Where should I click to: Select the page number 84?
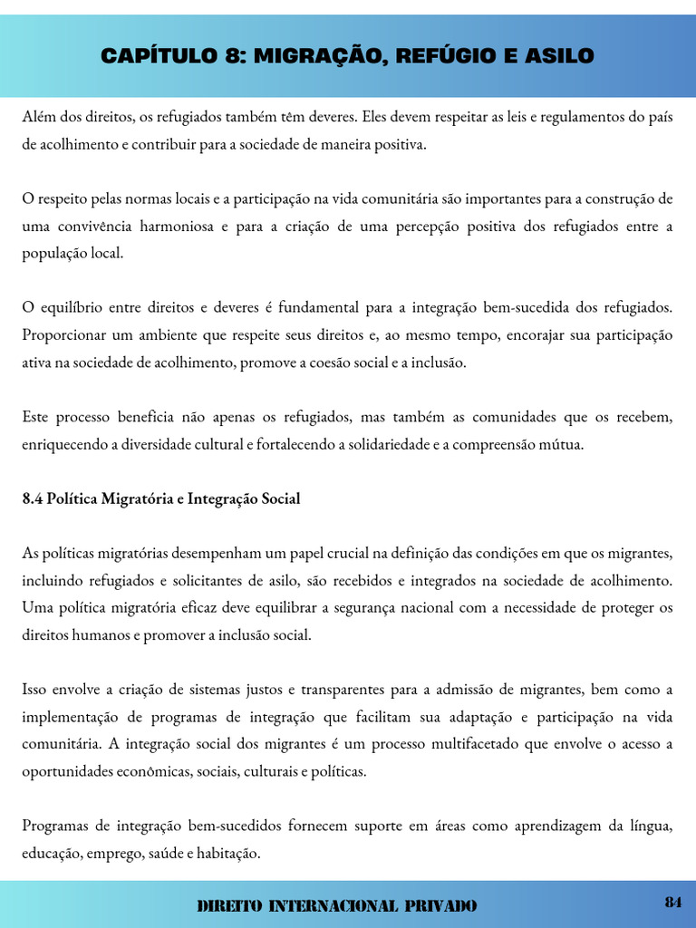coord(672,902)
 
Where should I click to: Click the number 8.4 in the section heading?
coord(33,498)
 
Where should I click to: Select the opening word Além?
coord(39,117)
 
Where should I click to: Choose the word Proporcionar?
coord(63,334)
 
